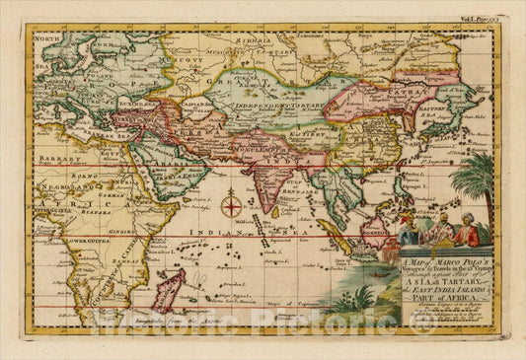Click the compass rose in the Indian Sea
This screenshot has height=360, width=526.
(231, 206)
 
